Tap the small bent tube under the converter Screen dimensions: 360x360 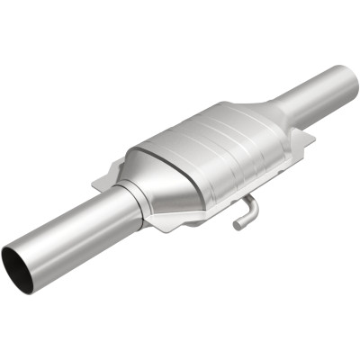click(246, 212)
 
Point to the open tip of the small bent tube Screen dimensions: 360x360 click(237, 225)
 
